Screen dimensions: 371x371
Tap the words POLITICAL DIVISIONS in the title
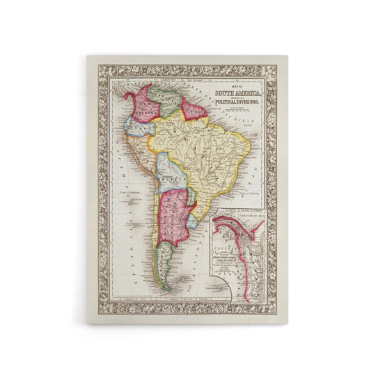238,102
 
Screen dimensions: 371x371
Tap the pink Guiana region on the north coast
194,109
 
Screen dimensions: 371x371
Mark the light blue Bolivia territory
169,171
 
